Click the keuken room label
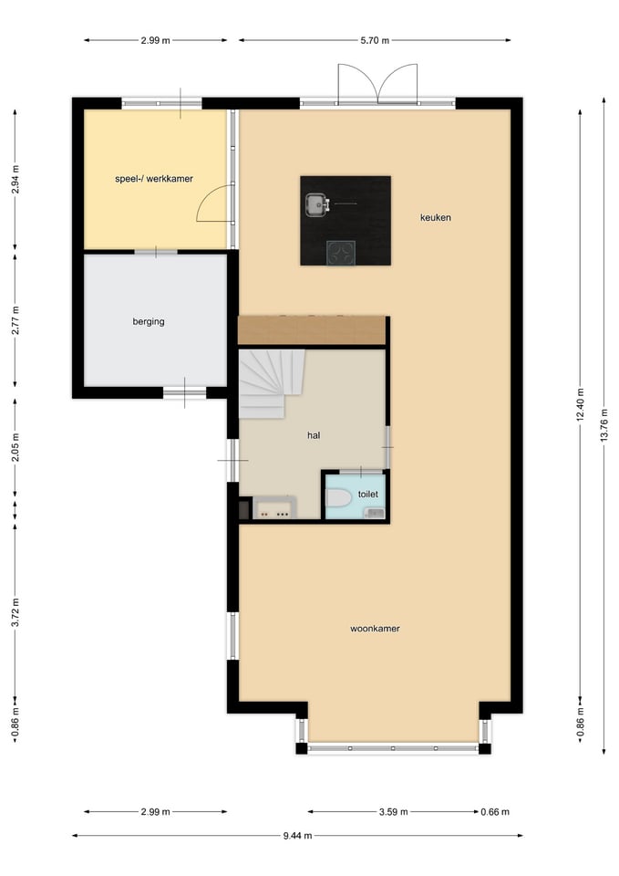pos(436,217)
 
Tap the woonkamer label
pos(375,629)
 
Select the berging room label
pos(149,321)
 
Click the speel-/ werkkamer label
pos(154,179)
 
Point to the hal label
pos(314,435)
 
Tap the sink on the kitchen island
pos(317,204)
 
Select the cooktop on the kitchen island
pos(341,253)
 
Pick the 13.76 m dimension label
pos(604,426)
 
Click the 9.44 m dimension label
pos(297,836)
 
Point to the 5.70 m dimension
pos(375,40)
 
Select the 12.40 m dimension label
pos(580,404)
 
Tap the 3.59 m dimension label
pos(394,812)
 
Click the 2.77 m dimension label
pos(15,320)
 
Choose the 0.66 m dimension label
pos(495,812)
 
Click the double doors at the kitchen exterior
pos(378,84)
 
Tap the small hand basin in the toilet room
pos(375,513)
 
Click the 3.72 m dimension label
pos(15,612)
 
